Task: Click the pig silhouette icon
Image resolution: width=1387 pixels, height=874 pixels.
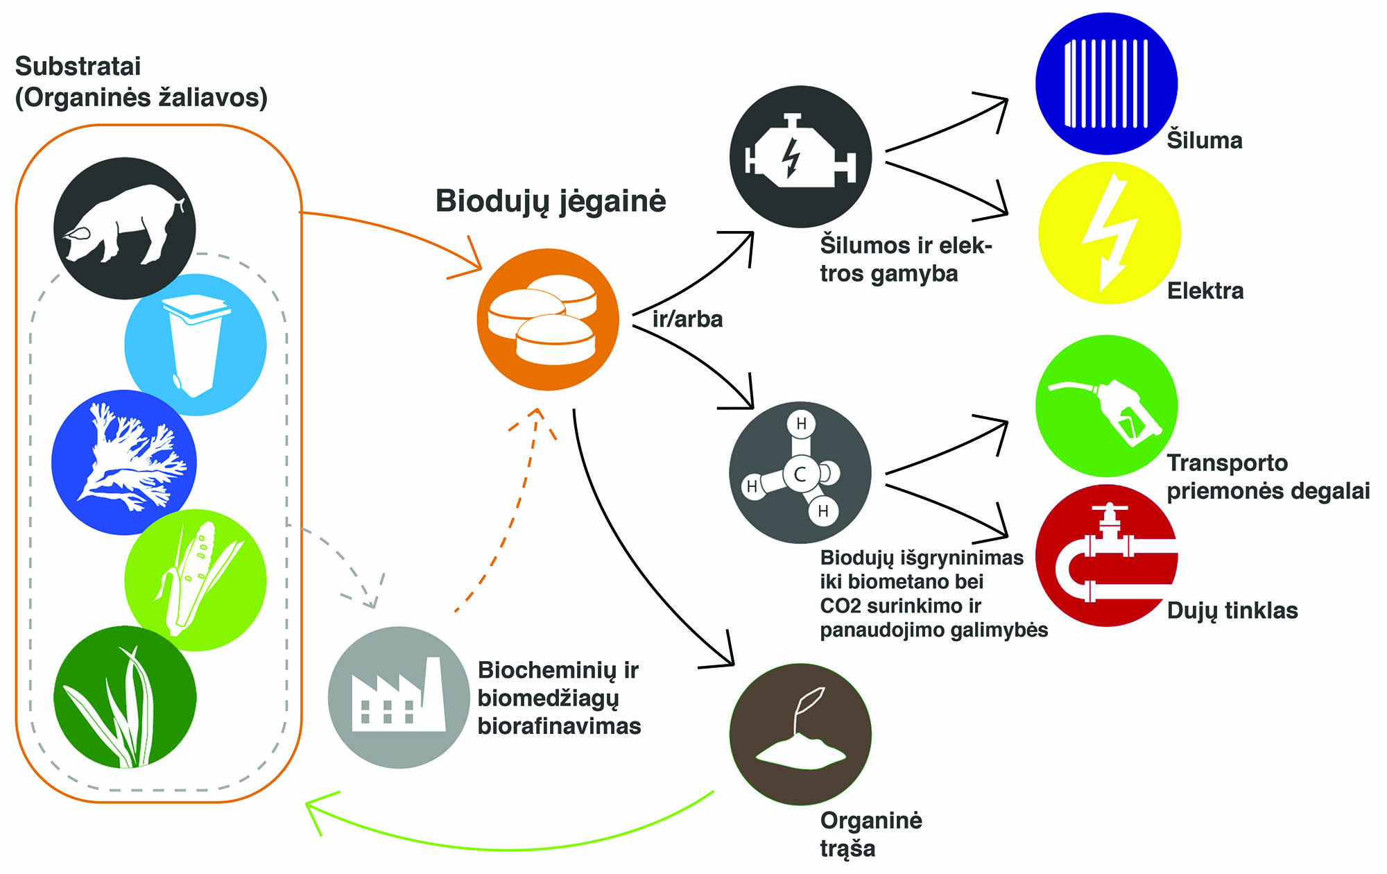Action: [x=125, y=228]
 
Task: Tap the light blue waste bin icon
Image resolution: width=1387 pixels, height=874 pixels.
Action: [x=196, y=345]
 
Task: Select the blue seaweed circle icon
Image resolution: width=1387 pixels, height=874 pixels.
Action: [x=124, y=462]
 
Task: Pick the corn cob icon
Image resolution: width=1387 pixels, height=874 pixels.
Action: [x=196, y=580]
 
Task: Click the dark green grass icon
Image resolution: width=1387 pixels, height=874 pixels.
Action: [x=125, y=696]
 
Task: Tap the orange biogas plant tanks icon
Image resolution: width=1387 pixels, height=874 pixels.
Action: [x=548, y=320]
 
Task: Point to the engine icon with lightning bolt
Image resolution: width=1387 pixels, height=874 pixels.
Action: [x=800, y=157]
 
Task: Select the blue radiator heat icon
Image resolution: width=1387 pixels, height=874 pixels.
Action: [x=1106, y=83]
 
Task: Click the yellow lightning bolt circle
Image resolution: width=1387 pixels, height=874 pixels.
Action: [x=1109, y=233]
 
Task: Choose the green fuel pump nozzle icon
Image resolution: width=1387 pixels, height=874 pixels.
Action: [x=1106, y=406]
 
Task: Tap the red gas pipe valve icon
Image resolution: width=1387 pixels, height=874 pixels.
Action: [x=1108, y=556]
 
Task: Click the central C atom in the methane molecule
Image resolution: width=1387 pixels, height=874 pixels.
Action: [x=800, y=474]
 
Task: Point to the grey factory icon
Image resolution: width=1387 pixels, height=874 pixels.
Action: [x=399, y=697]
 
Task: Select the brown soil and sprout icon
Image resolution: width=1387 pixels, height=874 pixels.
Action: [x=800, y=734]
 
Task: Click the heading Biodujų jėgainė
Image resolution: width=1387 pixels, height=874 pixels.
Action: [x=551, y=201]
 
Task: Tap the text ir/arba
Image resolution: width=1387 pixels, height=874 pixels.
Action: [x=687, y=319]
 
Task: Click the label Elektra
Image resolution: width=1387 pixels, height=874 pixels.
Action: [x=1205, y=291]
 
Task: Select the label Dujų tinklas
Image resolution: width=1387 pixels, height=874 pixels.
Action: [x=1232, y=610]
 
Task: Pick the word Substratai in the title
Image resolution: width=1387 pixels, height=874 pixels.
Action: [x=78, y=67]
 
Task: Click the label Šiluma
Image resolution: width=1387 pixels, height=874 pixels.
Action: [x=1205, y=140]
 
